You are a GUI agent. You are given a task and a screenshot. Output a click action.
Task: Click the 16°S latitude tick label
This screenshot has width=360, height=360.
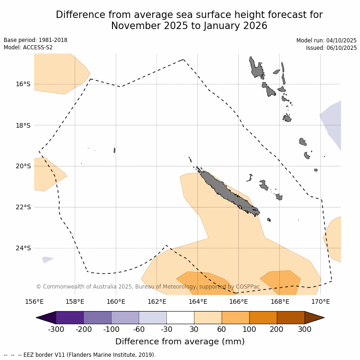(23, 84)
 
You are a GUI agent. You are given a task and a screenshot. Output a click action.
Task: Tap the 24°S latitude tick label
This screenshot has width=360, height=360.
(23, 248)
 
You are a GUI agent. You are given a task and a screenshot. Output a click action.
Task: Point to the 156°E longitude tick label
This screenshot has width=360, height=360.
(34, 302)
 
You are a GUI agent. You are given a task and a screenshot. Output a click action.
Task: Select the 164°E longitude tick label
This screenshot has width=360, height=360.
(198, 302)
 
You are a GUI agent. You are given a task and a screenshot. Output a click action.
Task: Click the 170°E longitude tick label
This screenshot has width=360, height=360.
(320, 302)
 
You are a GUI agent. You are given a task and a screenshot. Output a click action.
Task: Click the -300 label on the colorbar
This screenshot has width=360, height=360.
(56, 329)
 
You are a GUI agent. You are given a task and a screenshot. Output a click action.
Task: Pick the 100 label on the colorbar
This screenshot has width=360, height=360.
(249, 329)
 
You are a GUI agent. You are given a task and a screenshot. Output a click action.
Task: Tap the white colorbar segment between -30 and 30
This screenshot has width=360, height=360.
(180, 318)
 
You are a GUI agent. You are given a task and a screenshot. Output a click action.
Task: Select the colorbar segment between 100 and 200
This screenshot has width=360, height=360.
(263, 318)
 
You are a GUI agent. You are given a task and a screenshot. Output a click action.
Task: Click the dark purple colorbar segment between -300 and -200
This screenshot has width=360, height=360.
(70, 318)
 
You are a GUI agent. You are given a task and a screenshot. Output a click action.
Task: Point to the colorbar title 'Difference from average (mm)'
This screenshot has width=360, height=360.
(180, 342)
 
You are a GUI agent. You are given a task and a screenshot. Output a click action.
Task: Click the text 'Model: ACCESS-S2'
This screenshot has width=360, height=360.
(28, 47)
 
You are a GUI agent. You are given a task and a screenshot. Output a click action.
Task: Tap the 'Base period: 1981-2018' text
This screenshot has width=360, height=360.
(35, 40)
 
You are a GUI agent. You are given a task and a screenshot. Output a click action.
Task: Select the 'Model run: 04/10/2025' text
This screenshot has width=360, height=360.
(326, 41)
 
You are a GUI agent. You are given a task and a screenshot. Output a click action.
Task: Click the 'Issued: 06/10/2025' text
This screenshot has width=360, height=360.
(331, 48)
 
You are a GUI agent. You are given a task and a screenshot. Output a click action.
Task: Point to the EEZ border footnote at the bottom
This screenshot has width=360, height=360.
(80, 355)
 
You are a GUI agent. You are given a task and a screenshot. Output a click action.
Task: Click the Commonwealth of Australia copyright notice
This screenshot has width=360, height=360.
(148, 287)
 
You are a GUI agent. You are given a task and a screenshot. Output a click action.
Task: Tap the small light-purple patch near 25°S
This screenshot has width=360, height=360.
(47, 260)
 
